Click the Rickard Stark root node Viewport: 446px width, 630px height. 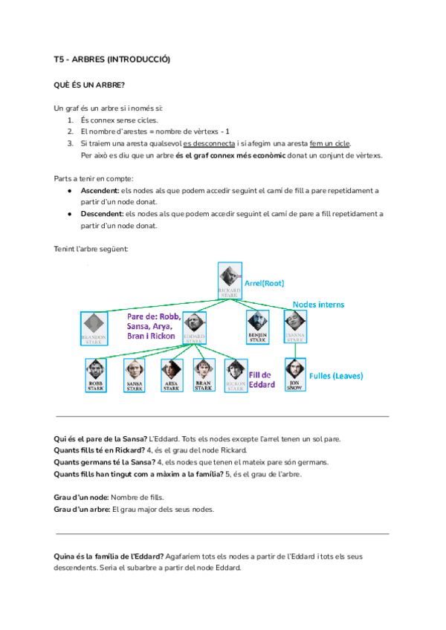pyautogui.click(x=230, y=281)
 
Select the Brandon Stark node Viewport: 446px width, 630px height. pyautogui.click(x=94, y=328)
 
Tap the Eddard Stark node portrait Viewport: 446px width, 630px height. pyautogui.click(x=194, y=328)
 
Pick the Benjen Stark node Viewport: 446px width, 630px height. pyautogui.click(x=257, y=324)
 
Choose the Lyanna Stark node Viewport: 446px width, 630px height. pyautogui.click(x=294, y=324)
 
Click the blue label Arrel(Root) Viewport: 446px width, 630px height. pyautogui.click(x=265, y=283)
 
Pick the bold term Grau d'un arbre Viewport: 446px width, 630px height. pyautogui.click(x=82, y=509)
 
